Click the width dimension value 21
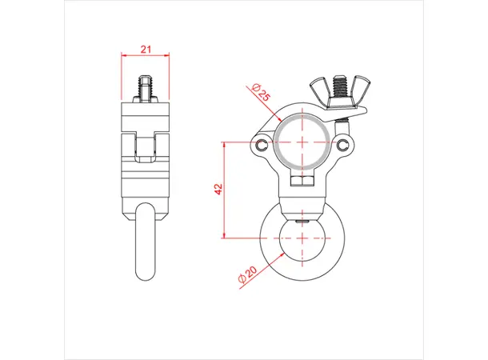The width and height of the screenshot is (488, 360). click(x=146, y=49)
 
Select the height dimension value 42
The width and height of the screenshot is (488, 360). click(x=218, y=190)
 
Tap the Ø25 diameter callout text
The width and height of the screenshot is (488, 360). click(x=260, y=92)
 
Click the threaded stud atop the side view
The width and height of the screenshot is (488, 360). click(x=146, y=89)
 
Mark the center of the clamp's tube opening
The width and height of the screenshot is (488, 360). click(x=303, y=142)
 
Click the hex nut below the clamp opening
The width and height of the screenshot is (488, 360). click(x=303, y=182)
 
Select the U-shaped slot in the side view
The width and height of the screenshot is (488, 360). click(x=146, y=145)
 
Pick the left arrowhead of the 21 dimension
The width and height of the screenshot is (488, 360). click(x=124, y=56)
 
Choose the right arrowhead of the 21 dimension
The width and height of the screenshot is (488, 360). click(x=168, y=56)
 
